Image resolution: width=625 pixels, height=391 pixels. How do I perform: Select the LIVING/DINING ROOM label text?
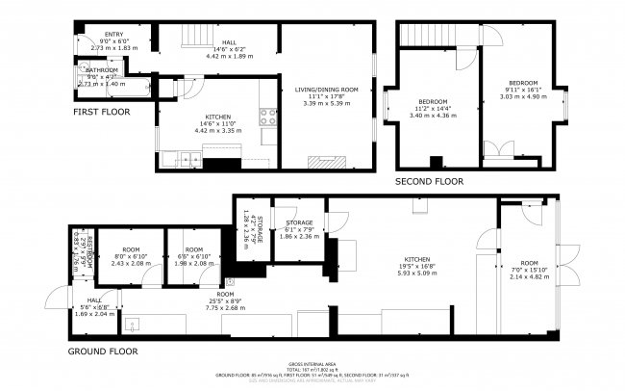pyautogui.click(x=326, y=90)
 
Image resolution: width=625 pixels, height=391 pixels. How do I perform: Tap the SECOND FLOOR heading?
pyautogui.click(x=429, y=181)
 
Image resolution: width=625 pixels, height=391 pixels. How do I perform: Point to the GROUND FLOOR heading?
pyautogui.click(x=102, y=352)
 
